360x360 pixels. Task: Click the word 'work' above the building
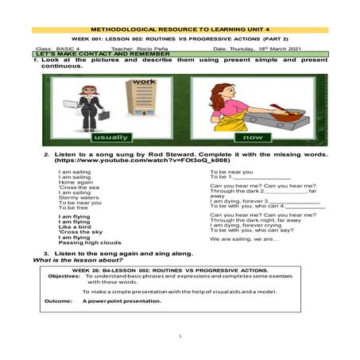tap(145, 82)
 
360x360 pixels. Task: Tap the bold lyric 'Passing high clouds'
tap(90, 242)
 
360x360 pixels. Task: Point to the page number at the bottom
tap(180, 337)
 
